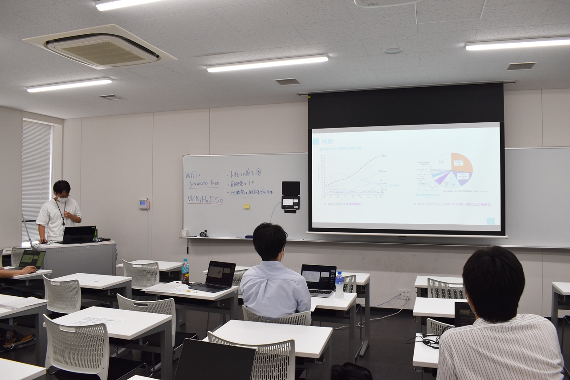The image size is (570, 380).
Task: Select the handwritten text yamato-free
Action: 204,184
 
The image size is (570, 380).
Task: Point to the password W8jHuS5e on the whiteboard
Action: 205,199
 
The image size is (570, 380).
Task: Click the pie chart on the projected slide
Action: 451,169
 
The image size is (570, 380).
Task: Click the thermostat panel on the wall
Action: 143,204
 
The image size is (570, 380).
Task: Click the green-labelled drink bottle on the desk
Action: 185,271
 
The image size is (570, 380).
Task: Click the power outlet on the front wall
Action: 403,294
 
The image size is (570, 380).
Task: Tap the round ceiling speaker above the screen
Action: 393,51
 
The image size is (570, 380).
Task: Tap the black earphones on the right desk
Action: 429,342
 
